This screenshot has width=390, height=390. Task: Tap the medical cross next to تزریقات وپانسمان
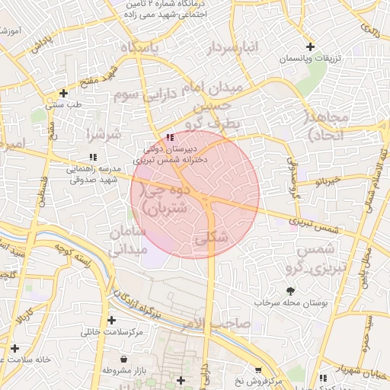point(310,47)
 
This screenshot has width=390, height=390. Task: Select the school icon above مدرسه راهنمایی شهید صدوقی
point(92,157)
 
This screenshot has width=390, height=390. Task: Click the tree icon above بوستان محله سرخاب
point(289,290)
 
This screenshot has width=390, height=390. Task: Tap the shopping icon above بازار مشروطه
point(124,358)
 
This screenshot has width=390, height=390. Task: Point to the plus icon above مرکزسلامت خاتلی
point(113,321)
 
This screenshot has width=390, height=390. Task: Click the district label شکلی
point(211,238)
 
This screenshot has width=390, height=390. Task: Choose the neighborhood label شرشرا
point(104,135)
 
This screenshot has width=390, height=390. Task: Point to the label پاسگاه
point(139,48)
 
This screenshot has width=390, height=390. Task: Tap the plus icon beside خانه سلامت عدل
point(14,347)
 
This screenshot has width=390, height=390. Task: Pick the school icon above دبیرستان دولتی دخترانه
point(169,137)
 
